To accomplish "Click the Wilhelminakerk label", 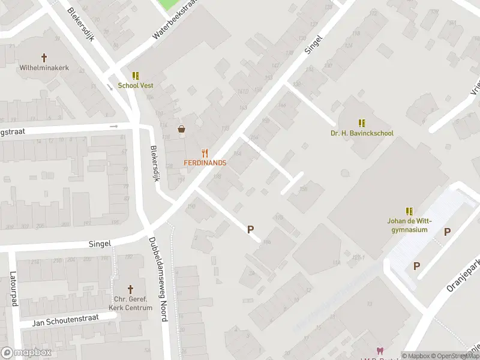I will click(x=44, y=68).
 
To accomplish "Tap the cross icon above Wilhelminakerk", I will click(x=44, y=58).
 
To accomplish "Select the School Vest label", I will click(x=135, y=85).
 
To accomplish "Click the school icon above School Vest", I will click(x=136, y=76).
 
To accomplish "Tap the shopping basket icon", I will click(x=181, y=129).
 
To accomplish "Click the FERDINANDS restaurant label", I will click(x=205, y=163).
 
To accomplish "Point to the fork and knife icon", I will click(x=205, y=153).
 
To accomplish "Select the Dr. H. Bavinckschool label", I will click(x=362, y=133).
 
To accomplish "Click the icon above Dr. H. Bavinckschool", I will click(x=362, y=123).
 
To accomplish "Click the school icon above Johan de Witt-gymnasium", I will click(x=409, y=211).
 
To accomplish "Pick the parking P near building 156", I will click(x=251, y=229).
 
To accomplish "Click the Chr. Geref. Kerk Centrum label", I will click(x=130, y=303).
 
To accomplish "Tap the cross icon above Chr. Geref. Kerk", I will click(x=130, y=289).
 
